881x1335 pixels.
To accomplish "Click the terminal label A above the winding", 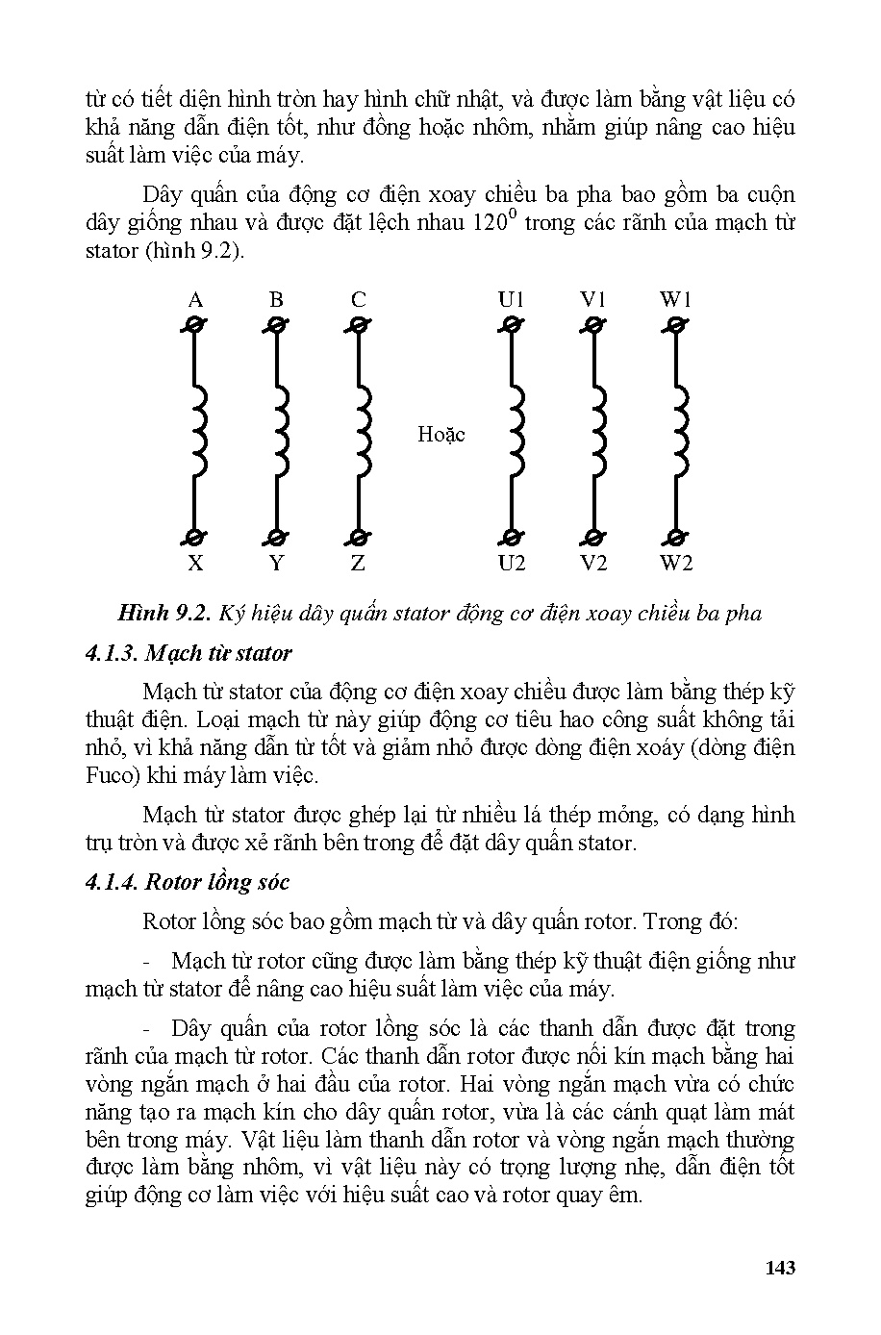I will [195, 300].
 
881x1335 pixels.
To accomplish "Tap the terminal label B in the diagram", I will [276, 300].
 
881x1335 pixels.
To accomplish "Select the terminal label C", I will [358, 300].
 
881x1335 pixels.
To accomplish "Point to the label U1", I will [512, 300].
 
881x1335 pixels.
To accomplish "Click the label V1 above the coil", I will [593, 300].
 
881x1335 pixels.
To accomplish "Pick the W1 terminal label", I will [676, 300].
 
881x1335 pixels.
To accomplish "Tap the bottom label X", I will [195, 564].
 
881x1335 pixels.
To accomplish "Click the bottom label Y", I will [277, 564].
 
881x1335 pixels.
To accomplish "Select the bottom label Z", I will [358, 564].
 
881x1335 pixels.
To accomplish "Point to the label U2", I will [512, 564].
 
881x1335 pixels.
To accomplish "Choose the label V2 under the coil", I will [594, 564].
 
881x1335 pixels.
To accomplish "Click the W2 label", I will [676, 564].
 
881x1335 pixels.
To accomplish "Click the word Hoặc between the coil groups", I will [441, 435].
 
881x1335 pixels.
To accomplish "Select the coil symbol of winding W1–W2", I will [679, 432].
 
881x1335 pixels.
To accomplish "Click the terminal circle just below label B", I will [277, 326].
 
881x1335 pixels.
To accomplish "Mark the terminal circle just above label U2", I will [512, 537].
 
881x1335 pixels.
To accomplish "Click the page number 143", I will [780, 1268].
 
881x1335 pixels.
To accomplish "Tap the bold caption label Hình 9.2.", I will [163, 614].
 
